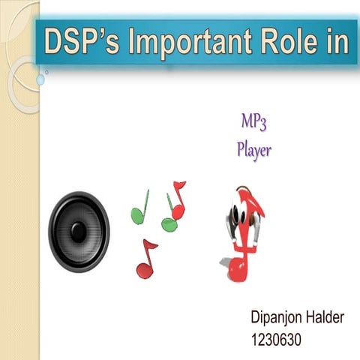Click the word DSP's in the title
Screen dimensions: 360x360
tap(81, 42)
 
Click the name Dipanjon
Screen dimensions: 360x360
tap(277, 319)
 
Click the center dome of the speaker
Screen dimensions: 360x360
tap(79, 230)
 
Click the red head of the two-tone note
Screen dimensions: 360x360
tap(178, 212)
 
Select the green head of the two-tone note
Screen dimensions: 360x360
tap(169, 224)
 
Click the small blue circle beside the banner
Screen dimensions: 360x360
tap(43, 77)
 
